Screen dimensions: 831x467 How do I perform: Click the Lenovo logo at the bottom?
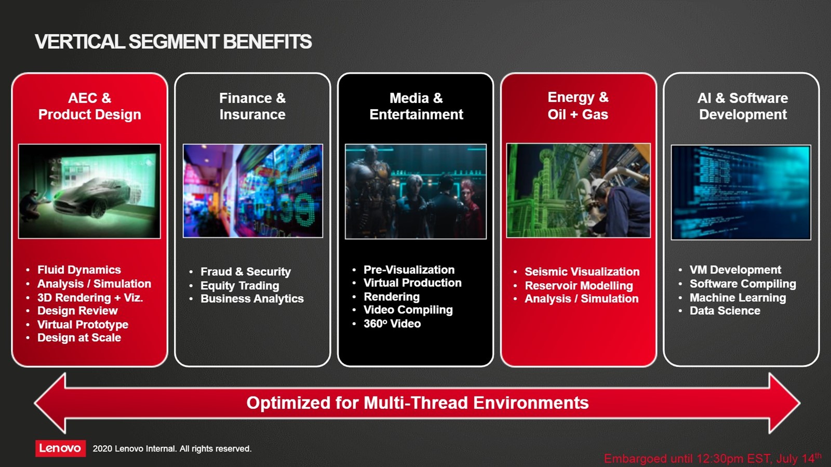pos(60,448)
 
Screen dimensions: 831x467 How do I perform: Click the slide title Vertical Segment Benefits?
pos(173,42)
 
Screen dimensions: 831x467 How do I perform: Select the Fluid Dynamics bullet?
pos(79,270)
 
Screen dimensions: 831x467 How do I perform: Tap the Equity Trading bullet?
pos(239,286)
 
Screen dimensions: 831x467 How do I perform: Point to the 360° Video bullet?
pos(392,324)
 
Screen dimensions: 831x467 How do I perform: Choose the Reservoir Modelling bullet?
pos(579,286)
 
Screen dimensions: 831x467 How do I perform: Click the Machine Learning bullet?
pos(738,298)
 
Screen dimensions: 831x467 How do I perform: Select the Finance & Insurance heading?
pos(252,106)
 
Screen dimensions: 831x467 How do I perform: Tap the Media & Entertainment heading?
pos(416,106)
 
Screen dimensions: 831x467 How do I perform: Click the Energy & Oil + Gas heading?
pos(578,106)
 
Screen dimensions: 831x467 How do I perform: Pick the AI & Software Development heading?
pos(743,106)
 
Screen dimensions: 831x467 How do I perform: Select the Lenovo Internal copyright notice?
pos(172,448)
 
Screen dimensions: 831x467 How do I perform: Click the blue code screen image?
pos(741,192)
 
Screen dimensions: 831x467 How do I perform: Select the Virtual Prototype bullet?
pos(83,325)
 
